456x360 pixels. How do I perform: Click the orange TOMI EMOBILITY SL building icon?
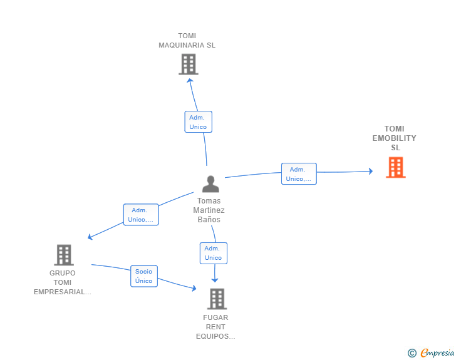pyautogui.click(x=395, y=167)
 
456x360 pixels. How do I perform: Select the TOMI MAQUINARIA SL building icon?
pyautogui.click(x=189, y=64)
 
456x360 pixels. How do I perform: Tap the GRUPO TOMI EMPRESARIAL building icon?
pyautogui.click(x=64, y=255)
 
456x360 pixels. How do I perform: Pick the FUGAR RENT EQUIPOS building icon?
pyautogui.click(x=217, y=299)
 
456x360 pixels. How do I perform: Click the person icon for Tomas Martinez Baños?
pyautogui.click(x=210, y=184)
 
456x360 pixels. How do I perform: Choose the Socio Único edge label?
pyautogui.click(x=144, y=276)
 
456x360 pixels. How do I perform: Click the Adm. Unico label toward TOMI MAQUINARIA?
pyautogui.click(x=199, y=122)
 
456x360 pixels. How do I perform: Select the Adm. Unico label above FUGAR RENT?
pyautogui.click(x=214, y=254)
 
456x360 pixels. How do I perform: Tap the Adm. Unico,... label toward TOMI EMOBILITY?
pyautogui.click(x=299, y=174)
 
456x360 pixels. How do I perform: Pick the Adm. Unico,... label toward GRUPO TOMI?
pyautogui.click(x=141, y=215)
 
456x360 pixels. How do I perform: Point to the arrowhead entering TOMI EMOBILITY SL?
pyautogui.click(x=371, y=171)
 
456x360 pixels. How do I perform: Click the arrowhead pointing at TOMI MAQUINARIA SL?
pyautogui.click(x=190, y=81)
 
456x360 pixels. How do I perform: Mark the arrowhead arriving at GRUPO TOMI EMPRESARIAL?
pyautogui.click(x=90, y=237)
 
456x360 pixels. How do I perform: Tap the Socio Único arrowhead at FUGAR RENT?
pyautogui.click(x=194, y=288)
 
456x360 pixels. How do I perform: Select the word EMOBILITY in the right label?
pyautogui.click(x=395, y=138)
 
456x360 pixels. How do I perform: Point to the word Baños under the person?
pyautogui.click(x=209, y=220)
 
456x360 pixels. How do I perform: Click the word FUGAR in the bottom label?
pyautogui.click(x=215, y=317)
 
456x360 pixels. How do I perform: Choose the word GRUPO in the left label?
pyautogui.click(x=63, y=273)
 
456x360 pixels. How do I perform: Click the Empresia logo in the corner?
pyautogui.click(x=431, y=353)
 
